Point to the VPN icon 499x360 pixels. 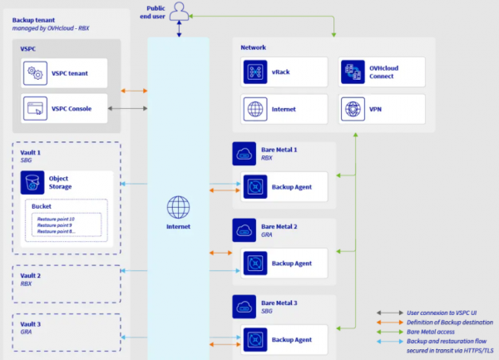tap(353, 109)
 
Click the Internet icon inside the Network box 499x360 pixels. tap(255, 109)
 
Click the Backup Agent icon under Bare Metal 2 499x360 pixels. tap(254, 263)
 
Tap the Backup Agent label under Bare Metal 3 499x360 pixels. tap(292, 340)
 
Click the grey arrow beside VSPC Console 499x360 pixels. tap(132, 109)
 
